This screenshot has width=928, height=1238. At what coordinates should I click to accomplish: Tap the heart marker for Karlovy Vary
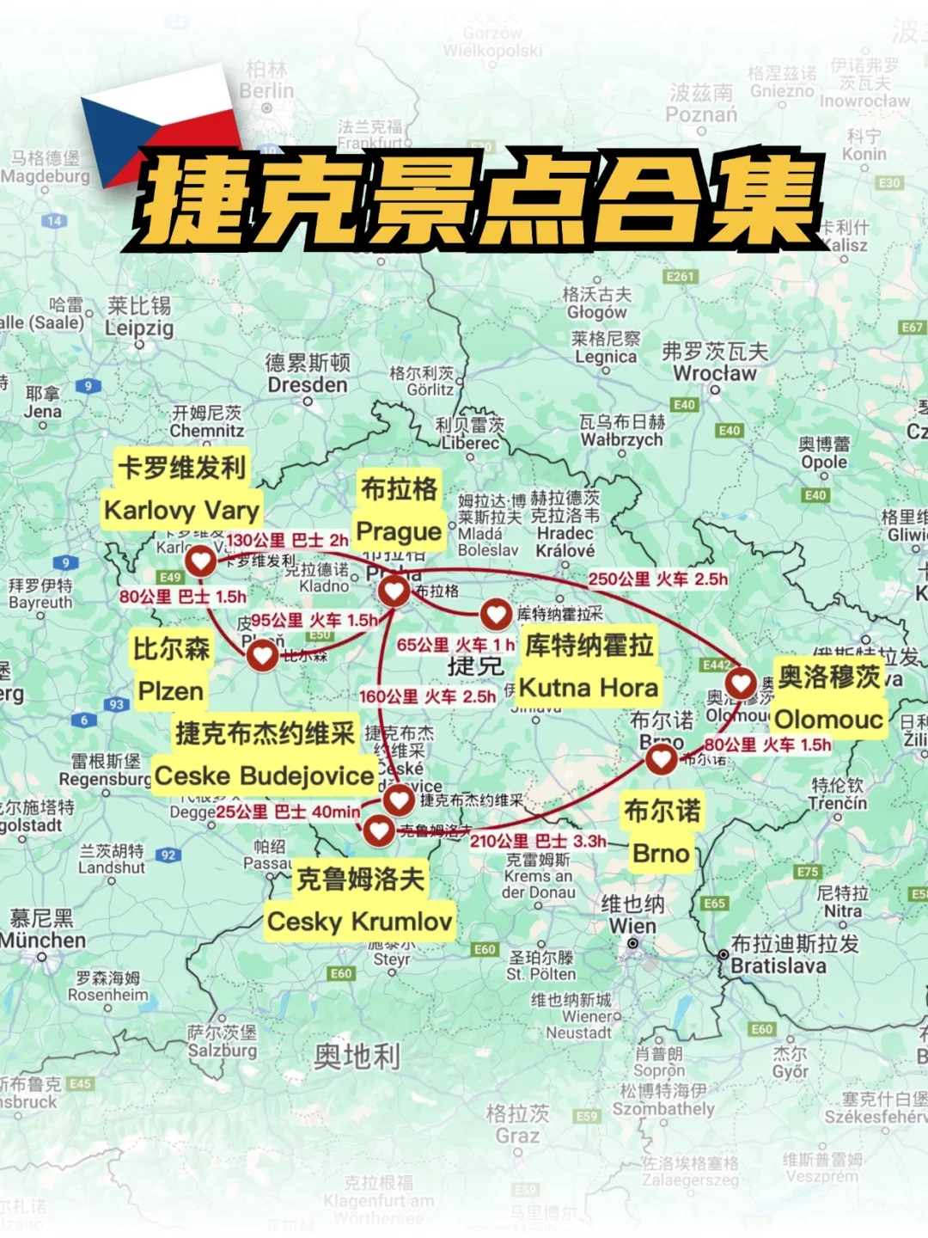pyautogui.click(x=201, y=561)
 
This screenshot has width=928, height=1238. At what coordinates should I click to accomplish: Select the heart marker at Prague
pyautogui.click(x=394, y=591)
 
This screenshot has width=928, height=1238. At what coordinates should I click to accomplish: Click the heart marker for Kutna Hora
pyautogui.click(x=496, y=613)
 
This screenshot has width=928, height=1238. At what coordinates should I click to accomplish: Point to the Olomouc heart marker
pyautogui.click(x=741, y=683)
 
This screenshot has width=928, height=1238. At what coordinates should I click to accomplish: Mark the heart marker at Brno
pyautogui.click(x=661, y=758)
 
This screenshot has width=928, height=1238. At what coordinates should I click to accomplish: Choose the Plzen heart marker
pyautogui.click(x=262, y=656)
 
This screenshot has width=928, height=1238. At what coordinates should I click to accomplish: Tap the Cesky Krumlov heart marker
pyautogui.click(x=379, y=830)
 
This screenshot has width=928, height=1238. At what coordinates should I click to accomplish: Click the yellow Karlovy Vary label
pyautogui.click(x=182, y=511)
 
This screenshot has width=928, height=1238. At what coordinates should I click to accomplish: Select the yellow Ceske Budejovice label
pyautogui.click(x=265, y=775)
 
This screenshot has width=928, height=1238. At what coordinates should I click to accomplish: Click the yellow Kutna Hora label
pyautogui.click(x=589, y=688)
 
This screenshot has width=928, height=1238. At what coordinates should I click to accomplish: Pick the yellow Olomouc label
pyautogui.click(x=829, y=719)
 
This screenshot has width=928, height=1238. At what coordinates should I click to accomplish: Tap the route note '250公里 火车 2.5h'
pyautogui.click(x=657, y=579)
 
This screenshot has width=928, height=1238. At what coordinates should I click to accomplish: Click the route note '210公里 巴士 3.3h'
pyautogui.click(x=538, y=841)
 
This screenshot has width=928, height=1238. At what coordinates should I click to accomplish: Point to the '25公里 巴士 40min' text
pyautogui.click(x=288, y=812)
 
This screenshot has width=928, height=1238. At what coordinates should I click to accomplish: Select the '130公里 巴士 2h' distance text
pyautogui.click(x=287, y=540)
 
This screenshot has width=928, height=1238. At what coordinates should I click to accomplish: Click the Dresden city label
pyautogui.click(x=308, y=384)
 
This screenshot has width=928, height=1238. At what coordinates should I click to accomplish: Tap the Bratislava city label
pyautogui.click(x=778, y=965)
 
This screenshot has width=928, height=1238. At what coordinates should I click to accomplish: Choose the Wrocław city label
pyautogui.click(x=715, y=373)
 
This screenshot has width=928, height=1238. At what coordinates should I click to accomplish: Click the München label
pyautogui.click(x=43, y=941)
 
